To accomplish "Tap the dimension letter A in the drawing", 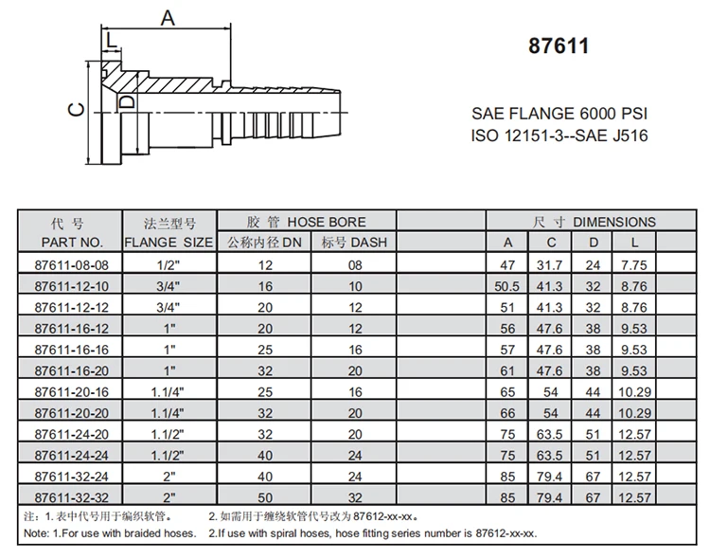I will (168, 18).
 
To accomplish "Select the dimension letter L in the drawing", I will (112, 39).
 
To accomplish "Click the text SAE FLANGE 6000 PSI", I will (559, 114).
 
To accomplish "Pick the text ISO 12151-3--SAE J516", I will (559, 135).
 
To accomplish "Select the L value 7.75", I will (635, 265).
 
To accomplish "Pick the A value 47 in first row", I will (509, 265).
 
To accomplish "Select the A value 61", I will (509, 370).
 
